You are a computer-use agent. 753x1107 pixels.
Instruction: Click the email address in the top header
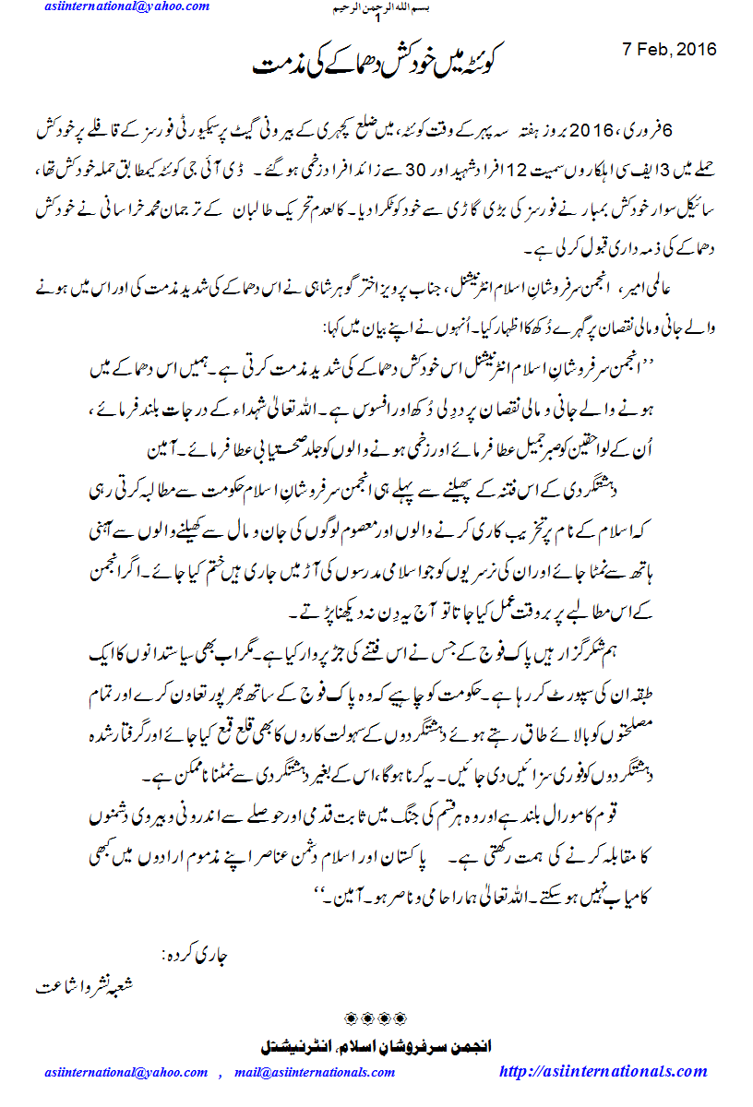click(x=126, y=7)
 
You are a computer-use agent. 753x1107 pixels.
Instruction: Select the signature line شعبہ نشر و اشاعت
click(x=85, y=985)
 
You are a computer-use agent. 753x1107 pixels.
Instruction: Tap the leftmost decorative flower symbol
click(x=351, y=1018)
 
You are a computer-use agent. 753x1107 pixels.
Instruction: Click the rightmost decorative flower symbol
click(x=400, y=1018)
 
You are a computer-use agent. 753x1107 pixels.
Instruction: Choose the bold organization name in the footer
click(x=375, y=1047)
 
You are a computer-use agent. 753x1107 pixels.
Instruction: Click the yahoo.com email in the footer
click(x=126, y=1072)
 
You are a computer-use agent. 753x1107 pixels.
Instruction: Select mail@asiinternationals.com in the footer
click(x=315, y=1072)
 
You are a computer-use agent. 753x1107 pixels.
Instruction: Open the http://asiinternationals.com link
click(x=603, y=1071)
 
